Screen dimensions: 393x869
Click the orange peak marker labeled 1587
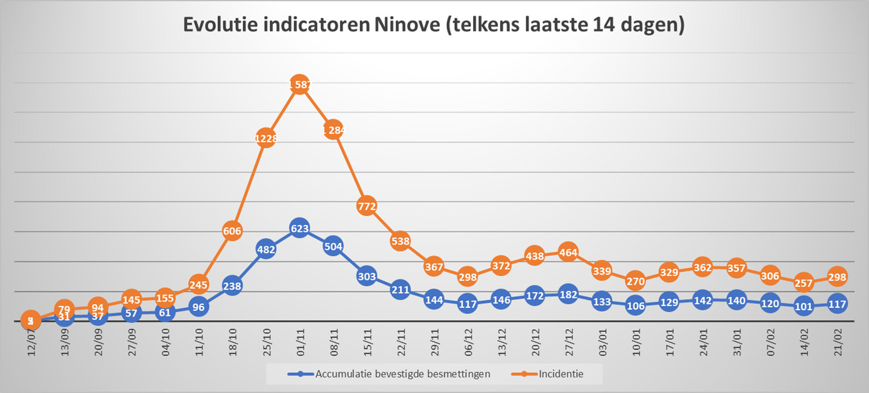[x=299, y=85]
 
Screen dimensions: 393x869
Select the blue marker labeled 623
[x=299, y=229]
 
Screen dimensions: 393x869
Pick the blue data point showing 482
[x=265, y=250]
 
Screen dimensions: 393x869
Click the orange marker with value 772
[x=367, y=206]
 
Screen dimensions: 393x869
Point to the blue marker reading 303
[x=367, y=276]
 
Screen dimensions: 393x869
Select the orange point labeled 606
[x=232, y=231]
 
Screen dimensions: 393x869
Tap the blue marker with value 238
[x=232, y=285]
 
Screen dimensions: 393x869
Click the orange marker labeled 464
[x=568, y=253]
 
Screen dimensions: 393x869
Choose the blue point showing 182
[x=568, y=294]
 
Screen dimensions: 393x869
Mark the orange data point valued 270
[x=636, y=282]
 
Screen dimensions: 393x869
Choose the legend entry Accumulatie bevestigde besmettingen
[x=402, y=374]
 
